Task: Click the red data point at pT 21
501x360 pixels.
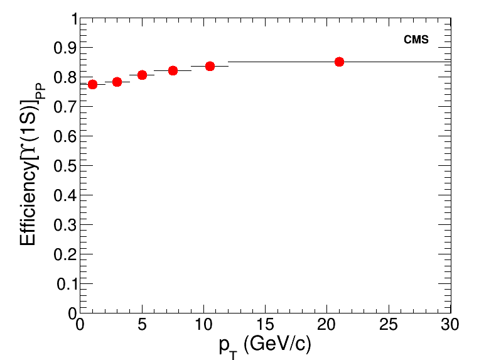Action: tap(339, 62)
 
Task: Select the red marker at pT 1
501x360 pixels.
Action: tap(92, 84)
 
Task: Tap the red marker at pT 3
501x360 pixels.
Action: tap(117, 82)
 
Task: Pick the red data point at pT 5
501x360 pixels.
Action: tap(142, 75)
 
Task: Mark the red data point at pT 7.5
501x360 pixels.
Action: tap(173, 70)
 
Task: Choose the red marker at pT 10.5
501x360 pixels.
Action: tap(210, 66)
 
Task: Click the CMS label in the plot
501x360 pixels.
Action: tap(416, 40)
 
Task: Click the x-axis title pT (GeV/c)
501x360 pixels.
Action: tap(265, 345)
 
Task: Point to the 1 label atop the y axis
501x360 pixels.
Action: tap(73, 19)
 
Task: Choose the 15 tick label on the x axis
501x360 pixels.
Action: tap(265, 325)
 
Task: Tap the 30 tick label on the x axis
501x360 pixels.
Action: tap(450, 325)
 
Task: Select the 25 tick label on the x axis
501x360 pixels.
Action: tap(389, 325)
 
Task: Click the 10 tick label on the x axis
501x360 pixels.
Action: tap(203, 325)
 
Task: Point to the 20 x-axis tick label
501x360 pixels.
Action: tap(326, 325)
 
